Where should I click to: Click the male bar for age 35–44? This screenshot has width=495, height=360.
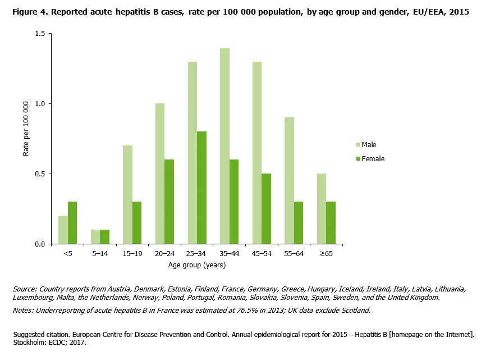224,146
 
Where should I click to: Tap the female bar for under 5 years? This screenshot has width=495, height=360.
72,223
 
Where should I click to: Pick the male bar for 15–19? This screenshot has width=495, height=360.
127,194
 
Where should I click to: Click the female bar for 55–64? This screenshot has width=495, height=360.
298,223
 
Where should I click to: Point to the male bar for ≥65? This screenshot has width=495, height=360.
322,209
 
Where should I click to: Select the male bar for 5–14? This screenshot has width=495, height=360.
95,236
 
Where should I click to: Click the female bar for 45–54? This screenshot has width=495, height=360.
266,209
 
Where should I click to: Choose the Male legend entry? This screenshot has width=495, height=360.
369,145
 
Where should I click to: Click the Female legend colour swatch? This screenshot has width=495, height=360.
357,159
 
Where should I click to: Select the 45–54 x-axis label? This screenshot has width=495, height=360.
262,254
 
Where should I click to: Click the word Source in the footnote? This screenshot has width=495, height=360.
25,289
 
